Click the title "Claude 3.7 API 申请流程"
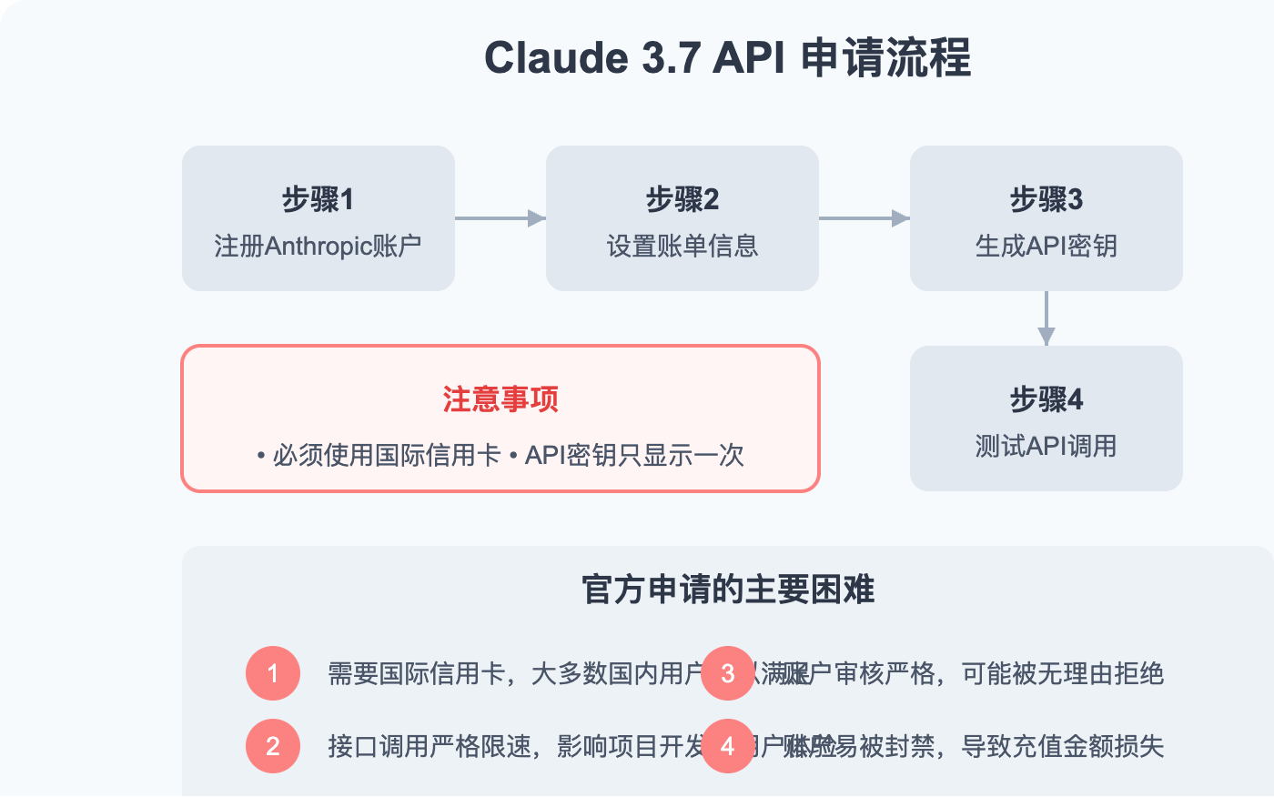(x=727, y=58)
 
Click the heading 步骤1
(x=318, y=199)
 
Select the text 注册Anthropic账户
(x=318, y=246)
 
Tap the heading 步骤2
(x=682, y=199)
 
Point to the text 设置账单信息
(x=682, y=246)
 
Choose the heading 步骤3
(x=1046, y=199)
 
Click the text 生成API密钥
(x=1046, y=246)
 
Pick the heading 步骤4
(x=1046, y=399)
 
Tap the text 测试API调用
(x=1046, y=446)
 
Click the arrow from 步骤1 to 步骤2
(x=500, y=218)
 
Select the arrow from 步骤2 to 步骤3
(x=864, y=218)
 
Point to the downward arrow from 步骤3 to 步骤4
(x=1046, y=318)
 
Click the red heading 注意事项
(x=500, y=399)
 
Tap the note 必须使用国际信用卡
(x=379, y=455)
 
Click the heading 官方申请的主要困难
(x=728, y=590)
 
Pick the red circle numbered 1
(x=273, y=673)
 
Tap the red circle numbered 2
(x=273, y=746)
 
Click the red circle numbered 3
(x=728, y=673)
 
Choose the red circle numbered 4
(x=728, y=746)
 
